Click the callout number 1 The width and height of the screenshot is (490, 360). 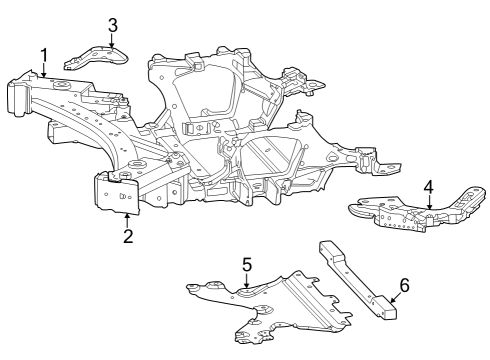[x=44, y=54]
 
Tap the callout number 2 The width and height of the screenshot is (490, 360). [x=128, y=236]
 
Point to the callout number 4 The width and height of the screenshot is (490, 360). [x=428, y=187]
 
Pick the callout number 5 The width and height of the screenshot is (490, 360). [x=246, y=265]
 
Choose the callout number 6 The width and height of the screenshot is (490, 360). [x=404, y=286]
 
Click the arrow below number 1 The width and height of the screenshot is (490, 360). [x=44, y=69]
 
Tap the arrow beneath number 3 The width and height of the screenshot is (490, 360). [x=113, y=41]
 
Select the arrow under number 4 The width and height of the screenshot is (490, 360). [x=428, y=203]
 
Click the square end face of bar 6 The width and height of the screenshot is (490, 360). [x=389, y=313]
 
